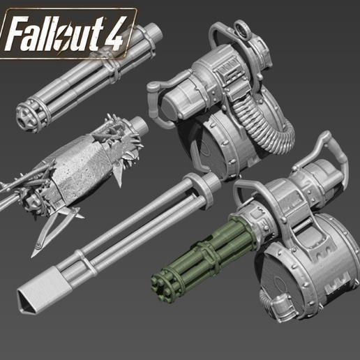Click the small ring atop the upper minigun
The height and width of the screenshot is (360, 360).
[245, 31]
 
